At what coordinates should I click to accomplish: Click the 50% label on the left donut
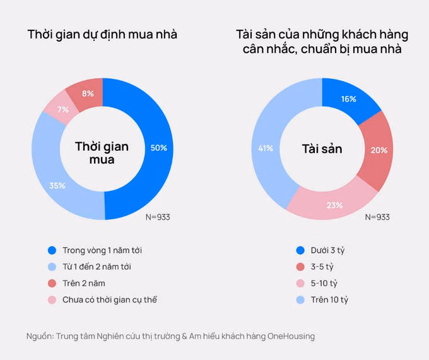(158, 148)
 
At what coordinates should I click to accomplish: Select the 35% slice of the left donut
(58, 186)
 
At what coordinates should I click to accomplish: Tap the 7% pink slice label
(63, 110)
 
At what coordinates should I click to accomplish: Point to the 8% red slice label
(88, 93)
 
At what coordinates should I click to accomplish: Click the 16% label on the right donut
(349, 99)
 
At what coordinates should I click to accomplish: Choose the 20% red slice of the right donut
(379, 150)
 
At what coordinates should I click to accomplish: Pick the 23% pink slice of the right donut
(334, 205)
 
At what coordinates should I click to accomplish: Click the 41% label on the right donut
(265, 148)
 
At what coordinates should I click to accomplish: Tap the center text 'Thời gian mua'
(102, 153)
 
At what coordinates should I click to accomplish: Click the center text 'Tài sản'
(322, 149)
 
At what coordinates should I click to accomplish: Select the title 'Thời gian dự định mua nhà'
(102, 35)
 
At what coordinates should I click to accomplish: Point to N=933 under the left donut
(158, 217)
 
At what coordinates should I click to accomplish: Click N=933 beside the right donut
(377, 217)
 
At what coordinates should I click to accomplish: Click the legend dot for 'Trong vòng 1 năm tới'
(52, 250)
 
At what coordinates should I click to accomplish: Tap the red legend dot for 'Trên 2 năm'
(52, 283)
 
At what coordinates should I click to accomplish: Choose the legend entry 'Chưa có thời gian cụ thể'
(108, 299)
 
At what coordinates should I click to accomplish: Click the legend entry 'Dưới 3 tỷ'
(327, 250)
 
